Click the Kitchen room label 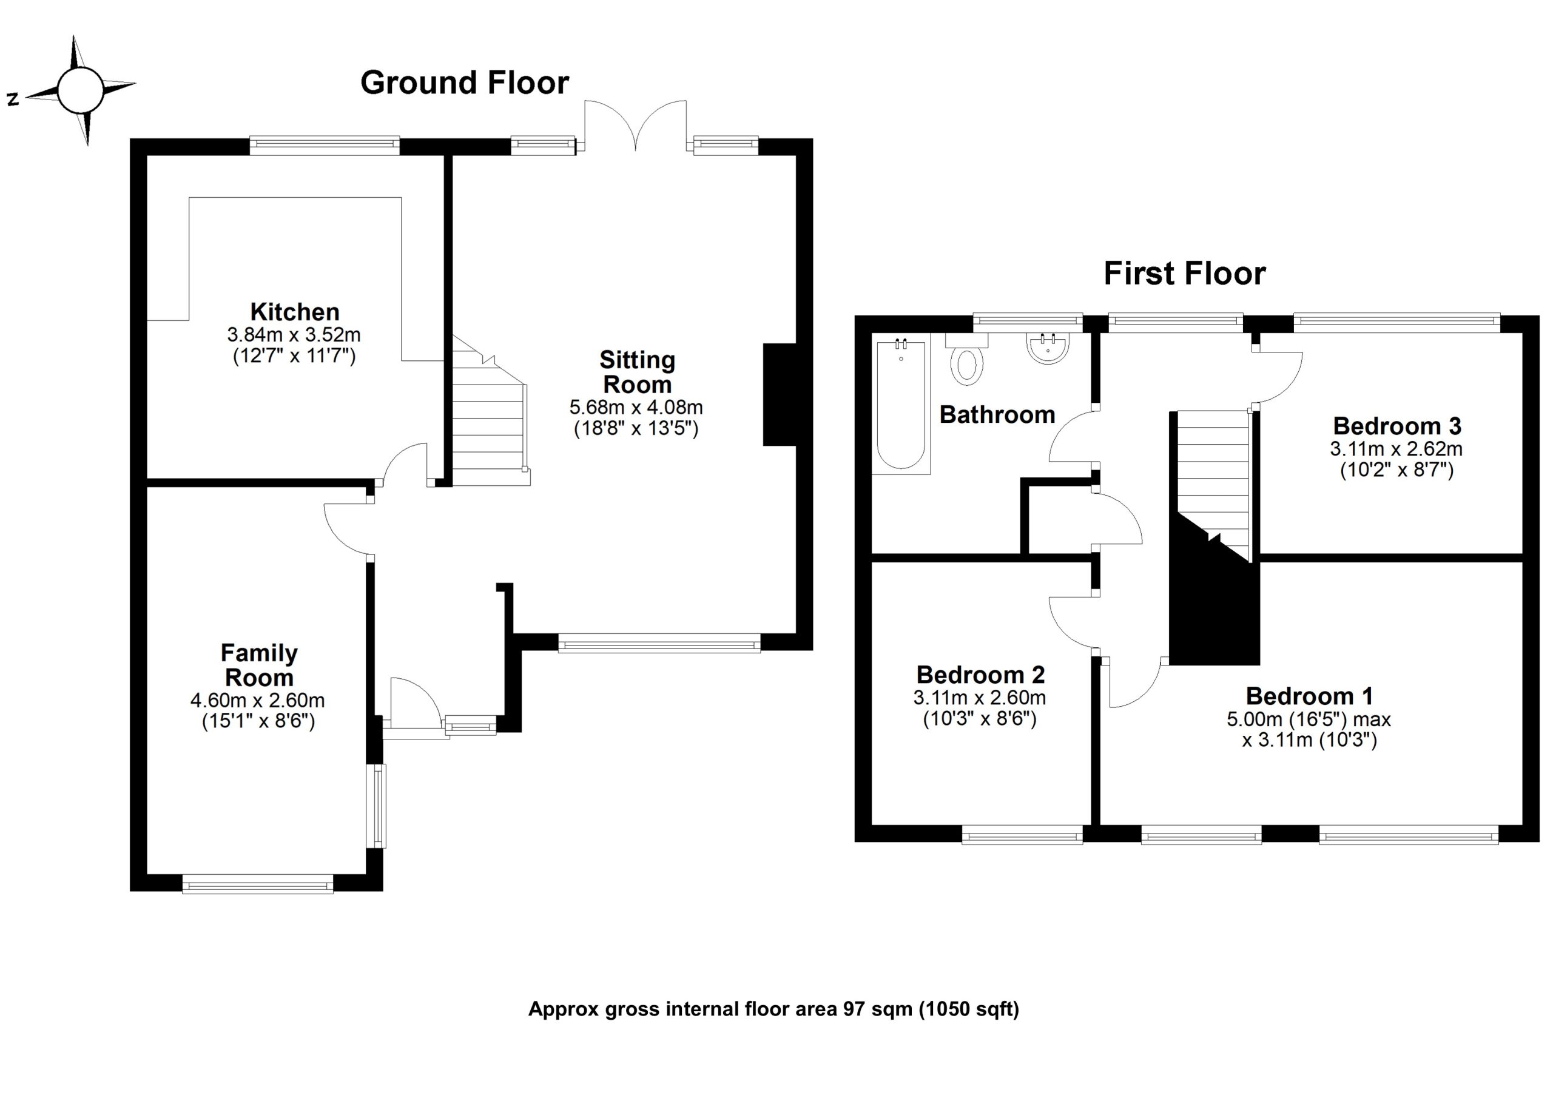click(295, 312)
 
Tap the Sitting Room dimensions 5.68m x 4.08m click(636, 407)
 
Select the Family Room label click(259, 665)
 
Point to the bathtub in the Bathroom click(901, 405)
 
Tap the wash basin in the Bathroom click(1048, 348)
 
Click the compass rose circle click(80, 90)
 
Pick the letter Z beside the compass click(12, 99)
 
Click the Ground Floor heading click(465, 83)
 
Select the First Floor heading click(1184, 274)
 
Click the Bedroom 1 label click(1309, 696)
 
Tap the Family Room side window click(377, 806)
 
